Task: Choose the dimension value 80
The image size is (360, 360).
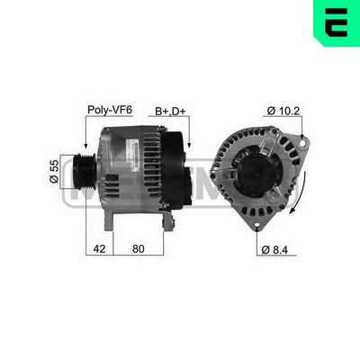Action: click(137, 247)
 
